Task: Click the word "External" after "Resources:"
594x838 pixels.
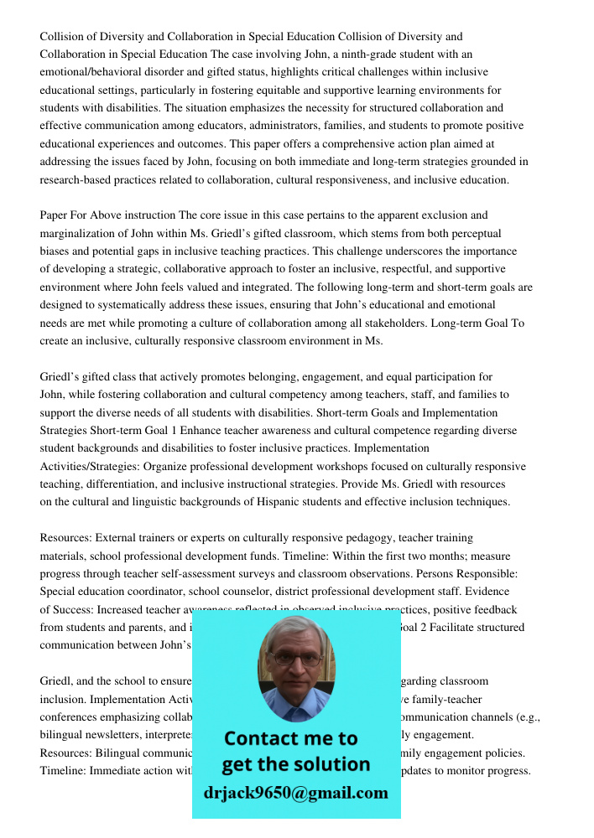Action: [116, 538]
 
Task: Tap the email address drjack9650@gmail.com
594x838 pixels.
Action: [296, 793]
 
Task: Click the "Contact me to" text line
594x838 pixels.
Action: [290, 738]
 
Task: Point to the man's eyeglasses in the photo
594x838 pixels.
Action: [296, 659]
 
